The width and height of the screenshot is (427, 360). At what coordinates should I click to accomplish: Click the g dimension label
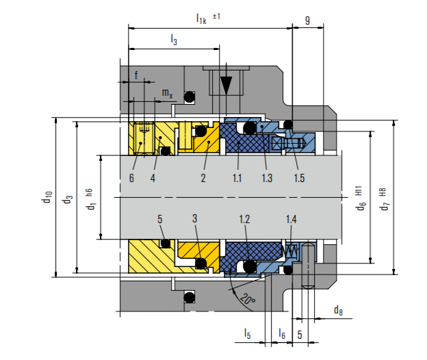click(307, 21)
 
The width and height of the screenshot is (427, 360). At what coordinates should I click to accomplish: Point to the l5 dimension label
click(248, 333)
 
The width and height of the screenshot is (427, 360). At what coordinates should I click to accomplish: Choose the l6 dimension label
click(281, 333)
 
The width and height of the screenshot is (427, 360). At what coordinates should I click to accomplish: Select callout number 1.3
click(266, 178)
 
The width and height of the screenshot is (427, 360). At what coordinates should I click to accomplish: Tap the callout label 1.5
click(298, 178)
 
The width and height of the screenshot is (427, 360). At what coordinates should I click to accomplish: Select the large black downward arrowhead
click(227, 85)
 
